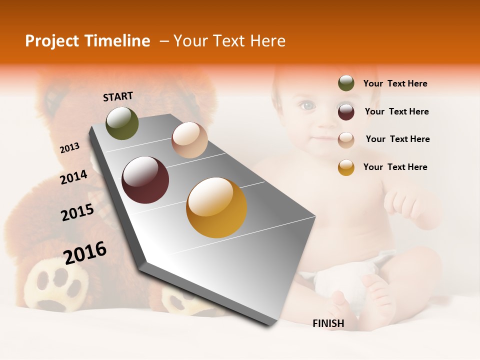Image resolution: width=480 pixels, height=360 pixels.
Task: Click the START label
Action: (x=118, y=96)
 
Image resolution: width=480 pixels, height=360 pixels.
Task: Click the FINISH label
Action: (x=328, y=323)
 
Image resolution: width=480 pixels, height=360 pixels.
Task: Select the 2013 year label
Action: (x=69, y=148)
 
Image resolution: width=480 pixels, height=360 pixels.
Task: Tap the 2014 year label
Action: (x=73, y=177)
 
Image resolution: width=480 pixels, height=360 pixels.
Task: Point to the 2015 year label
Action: (x=77, y=212)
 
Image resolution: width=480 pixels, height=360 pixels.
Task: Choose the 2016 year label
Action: (x=85, y=253)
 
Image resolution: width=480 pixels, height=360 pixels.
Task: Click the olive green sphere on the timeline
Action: (x=122, y=123)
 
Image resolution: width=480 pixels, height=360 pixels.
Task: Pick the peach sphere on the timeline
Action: (x=189, y=140)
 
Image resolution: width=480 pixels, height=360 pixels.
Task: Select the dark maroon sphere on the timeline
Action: (x=145, y=180)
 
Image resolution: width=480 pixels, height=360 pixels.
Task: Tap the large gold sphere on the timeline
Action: (x=216, y=207)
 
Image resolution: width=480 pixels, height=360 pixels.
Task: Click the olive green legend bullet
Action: (x=346, y=83)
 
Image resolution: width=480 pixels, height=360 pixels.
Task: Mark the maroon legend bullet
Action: (x=346, y=111)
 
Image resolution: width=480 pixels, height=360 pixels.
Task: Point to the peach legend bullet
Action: (x=346, y=139)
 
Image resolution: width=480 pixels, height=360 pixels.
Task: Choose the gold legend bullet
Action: (x=346, y=167)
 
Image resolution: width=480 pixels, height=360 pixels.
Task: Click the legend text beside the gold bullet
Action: (x=395, y=167)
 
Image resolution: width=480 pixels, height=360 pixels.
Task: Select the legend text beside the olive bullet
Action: (x=395, y=83)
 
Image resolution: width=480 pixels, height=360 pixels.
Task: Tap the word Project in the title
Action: (x=51, y=41)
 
